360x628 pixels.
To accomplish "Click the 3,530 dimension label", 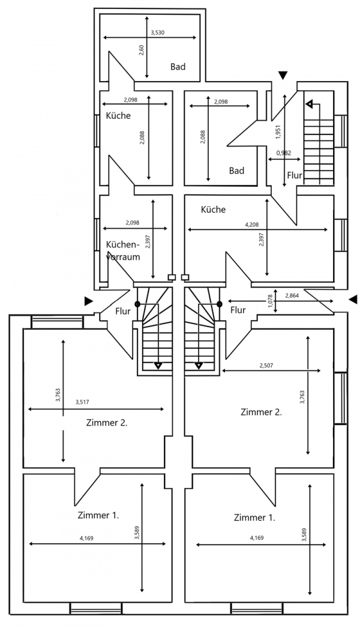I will point(157,32).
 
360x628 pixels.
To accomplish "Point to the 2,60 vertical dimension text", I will point(142,50).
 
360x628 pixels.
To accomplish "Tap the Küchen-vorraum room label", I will point(122,250).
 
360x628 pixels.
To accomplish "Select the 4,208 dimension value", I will point(253,225).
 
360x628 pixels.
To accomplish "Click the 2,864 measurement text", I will point(292,296).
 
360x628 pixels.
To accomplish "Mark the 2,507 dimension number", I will point(267,365).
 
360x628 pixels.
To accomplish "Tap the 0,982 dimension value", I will point(284,153).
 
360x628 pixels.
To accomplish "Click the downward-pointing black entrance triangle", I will point(283,74).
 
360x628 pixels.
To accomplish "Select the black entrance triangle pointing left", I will point(353,299).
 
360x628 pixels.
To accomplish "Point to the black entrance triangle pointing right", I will point(89,300).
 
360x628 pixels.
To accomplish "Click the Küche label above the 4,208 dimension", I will point(213,210).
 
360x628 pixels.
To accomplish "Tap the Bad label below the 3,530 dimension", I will point(177,67).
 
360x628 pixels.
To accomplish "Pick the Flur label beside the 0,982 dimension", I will point(295,176).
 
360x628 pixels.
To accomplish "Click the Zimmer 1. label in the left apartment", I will point(98,515).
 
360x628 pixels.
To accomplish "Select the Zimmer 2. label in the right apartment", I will point(261,412).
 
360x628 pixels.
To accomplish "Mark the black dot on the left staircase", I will point(137,304).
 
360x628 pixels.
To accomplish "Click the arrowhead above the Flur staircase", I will point(309,104).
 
